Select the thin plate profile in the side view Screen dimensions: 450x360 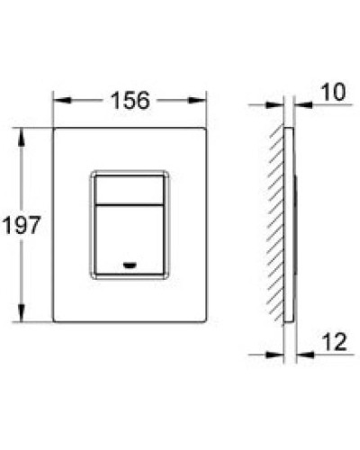287,225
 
